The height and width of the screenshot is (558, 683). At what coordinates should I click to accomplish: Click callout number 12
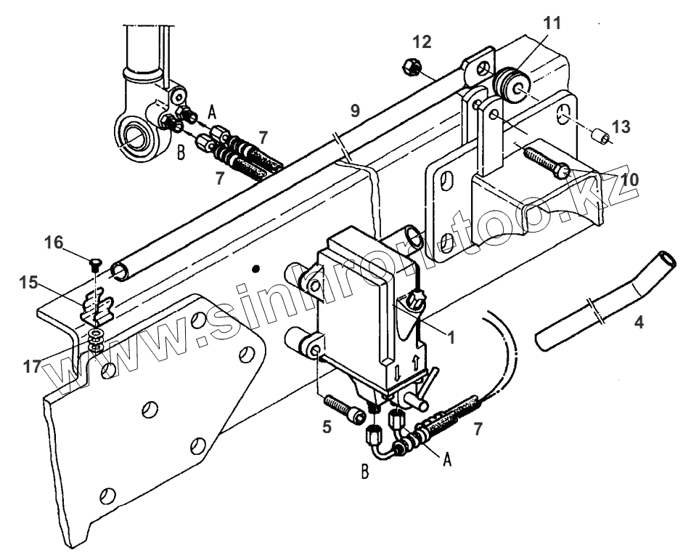422,42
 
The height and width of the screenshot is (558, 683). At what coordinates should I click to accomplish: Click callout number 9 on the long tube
355,111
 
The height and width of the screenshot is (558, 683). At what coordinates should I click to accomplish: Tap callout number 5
327,427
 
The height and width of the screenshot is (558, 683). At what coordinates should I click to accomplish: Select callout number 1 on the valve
451,336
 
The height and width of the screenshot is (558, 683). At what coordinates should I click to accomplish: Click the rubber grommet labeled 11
511,83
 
